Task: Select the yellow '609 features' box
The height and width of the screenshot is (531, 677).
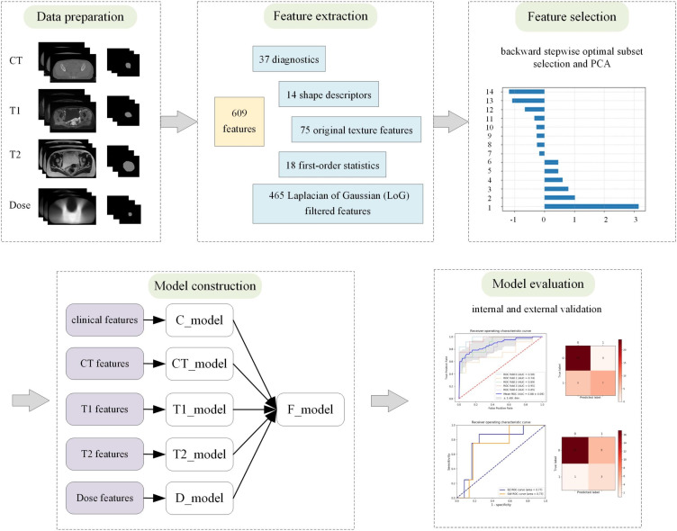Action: pos(239,122)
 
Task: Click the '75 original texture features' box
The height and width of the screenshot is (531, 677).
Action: pos(357,130)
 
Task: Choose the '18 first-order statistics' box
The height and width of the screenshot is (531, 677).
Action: pos(331,165)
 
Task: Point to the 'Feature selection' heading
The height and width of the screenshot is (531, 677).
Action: pos(571,17)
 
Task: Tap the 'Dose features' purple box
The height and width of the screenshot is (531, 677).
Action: pos(104,494)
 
